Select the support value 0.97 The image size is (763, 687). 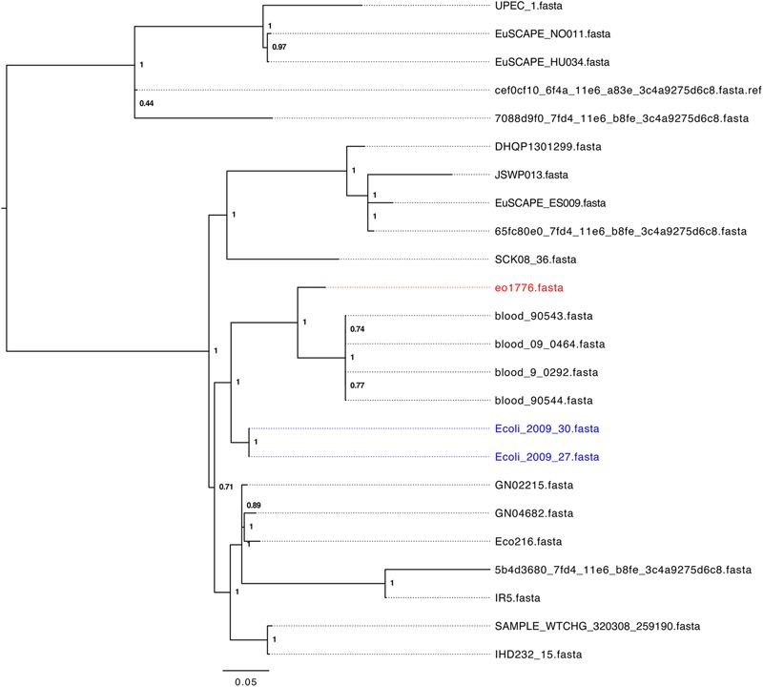point(279,46)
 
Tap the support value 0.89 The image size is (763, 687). point(255,505)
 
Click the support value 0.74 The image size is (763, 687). point(358,329)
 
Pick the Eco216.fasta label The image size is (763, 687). point(528,541)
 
